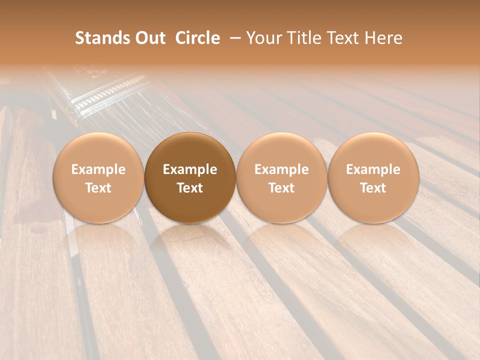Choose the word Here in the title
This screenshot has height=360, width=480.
383,38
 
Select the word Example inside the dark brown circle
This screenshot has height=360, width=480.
190,169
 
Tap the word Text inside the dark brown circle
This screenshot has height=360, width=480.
190,188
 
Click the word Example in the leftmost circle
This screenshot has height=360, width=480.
98,169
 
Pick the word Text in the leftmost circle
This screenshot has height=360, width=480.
98,188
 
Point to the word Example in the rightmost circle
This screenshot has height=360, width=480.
373,169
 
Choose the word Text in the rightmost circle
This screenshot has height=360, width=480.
373,188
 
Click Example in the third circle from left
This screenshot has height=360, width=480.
281,169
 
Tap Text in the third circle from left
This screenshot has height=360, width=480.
281,188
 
